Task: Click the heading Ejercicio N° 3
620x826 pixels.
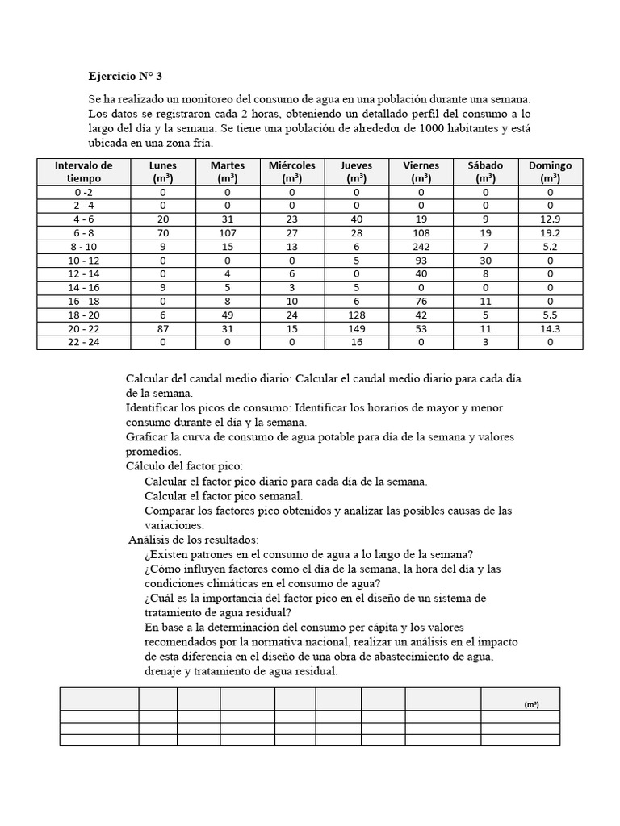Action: click(125, 77)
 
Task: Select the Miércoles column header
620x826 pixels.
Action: click(292, 171)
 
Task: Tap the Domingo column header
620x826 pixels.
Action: click(550, 171)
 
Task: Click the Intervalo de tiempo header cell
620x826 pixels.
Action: click(84, 171)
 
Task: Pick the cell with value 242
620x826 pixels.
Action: click(421, 247)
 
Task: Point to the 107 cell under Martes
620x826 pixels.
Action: click(227, 232)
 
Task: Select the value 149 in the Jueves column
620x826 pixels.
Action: click(357, 328)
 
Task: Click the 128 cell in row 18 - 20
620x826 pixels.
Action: click(357, 315)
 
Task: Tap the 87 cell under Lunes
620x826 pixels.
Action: click(163, 328)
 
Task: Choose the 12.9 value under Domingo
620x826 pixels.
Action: click(550, 219)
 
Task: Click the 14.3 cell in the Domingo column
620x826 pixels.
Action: click(550, 328)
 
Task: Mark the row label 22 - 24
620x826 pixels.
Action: click(84, 342)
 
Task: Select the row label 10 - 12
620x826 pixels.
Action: click(84, 260)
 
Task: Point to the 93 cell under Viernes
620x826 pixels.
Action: click(421, 260)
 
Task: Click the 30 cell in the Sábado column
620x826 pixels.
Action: click(485, 260)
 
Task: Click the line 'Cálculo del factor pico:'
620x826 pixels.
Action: click(184, 466)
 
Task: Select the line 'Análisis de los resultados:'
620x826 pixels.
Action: click(194, 539)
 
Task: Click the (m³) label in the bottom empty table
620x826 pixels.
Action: click(530, 704)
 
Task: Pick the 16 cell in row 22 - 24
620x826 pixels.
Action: click(357, 342)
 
